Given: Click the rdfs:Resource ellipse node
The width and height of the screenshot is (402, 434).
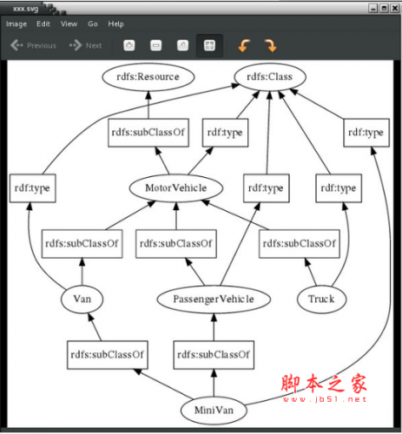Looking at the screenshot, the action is point(148,77).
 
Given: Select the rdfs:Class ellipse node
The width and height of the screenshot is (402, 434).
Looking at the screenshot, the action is point(270,77).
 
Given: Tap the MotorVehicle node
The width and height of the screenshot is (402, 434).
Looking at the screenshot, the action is point(176,188).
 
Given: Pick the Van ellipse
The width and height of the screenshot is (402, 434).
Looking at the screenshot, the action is point(82,299).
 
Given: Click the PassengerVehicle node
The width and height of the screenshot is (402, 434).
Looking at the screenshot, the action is point(214,299).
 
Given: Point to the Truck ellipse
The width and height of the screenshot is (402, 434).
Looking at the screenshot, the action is point(321,299).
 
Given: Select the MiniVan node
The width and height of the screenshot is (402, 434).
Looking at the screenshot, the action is point(214,411).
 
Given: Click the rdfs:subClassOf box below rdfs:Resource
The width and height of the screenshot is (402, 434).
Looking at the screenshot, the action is point(148,133).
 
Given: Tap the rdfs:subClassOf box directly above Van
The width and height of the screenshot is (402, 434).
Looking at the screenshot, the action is point(82,244).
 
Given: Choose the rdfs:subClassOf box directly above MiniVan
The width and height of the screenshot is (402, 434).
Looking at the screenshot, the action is point(214,355).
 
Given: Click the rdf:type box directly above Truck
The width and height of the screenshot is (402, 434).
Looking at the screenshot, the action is point(339,188).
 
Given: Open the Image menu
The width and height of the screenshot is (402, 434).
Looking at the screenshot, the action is point(16,24).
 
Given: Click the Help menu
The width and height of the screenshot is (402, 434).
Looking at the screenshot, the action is point(115,24).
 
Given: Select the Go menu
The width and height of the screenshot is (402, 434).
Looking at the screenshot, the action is point(93,24).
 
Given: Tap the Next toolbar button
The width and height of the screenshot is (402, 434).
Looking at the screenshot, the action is point(85,45).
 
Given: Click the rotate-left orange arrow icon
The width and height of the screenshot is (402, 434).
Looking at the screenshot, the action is point(244,46).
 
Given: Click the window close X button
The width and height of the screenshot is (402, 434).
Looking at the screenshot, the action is point(395,8).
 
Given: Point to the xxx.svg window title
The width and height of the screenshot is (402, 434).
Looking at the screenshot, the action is point(26,9).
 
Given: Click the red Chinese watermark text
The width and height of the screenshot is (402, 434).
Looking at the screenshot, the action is point(324,384).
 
